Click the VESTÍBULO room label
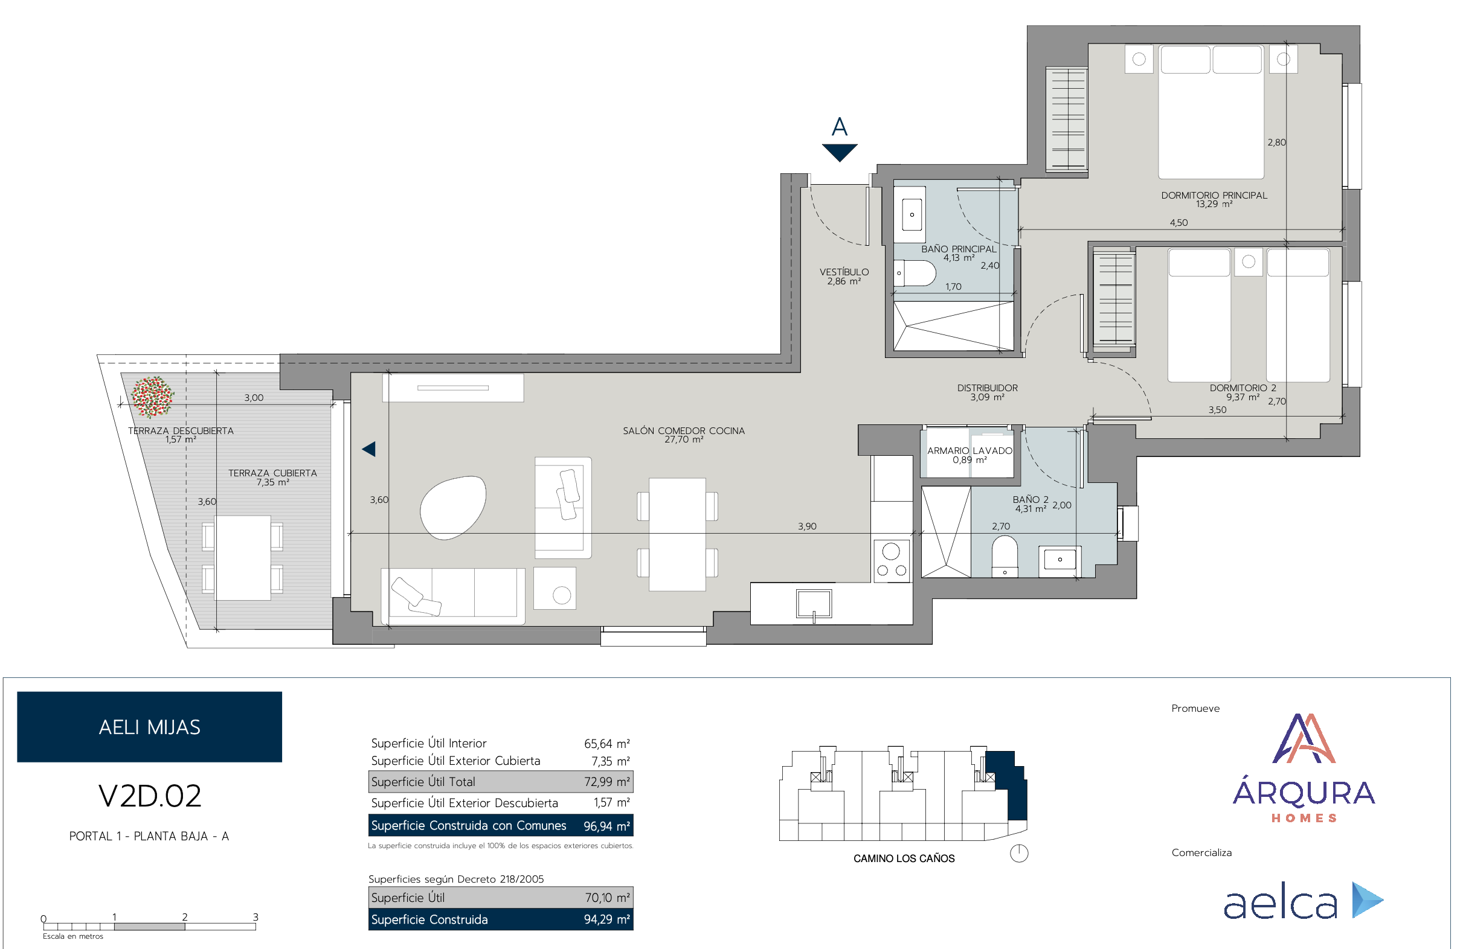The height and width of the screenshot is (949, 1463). point(844,272)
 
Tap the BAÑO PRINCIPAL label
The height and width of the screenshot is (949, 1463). point(959,249)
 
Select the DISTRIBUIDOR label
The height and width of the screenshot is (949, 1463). point(987,388)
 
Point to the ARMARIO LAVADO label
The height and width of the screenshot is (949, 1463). point(969,451)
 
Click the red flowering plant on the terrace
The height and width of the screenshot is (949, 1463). point(152,397)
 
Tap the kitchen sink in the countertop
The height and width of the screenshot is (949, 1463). point(814,604)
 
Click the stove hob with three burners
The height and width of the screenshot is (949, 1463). point(892,561)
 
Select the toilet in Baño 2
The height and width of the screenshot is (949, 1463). point(1005,557)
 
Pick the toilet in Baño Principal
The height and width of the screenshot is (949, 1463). point(915,273)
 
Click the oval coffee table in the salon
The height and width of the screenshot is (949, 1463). point(453,508)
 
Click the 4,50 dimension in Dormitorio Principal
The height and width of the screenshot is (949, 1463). point(1178,223)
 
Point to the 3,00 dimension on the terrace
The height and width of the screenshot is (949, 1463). point(254,398)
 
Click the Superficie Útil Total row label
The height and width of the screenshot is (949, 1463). point(423,782)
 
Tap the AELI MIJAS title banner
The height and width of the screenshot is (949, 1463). point(149,727)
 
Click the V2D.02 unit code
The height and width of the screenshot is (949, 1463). point(149,796)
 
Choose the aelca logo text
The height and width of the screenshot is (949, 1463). point(1281,904)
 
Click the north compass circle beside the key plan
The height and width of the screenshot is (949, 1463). point(1019,853)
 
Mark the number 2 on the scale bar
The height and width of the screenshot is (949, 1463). point(184,917)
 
